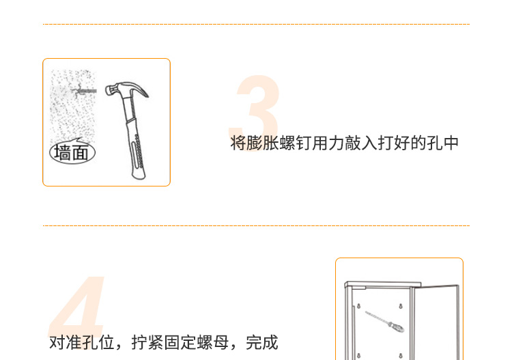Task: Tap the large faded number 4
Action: tap(79, 311)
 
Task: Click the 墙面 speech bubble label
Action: tap(72, 152)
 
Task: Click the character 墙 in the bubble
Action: tap(63, 152)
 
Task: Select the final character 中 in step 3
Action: tap(451, 143)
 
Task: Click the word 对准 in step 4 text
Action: tap(66, 342)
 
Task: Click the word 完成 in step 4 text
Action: tap(261, 342)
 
